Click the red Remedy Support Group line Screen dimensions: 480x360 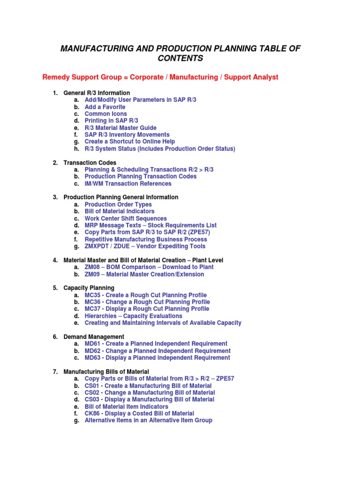[x=160, y=77]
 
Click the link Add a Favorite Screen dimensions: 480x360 [x=105, y=107]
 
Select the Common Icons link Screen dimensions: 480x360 [x=105, y=114]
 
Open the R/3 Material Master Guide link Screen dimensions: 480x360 [x=120, y=128]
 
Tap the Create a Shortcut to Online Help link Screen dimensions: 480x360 [x=130, y=142]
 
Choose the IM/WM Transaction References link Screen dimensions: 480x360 [x=128, y=184]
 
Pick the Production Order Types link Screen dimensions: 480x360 [x=118, y=204]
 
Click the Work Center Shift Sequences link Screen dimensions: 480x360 [x=126, y=218]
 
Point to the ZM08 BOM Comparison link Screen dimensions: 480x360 [x=149, y=267]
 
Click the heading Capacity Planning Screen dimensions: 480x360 [x=89, y=288]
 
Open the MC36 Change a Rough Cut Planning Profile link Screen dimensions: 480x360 [x=147, y=302]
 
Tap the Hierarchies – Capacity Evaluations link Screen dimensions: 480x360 [x=134, y=316]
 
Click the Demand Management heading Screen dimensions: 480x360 [x=94, y=337]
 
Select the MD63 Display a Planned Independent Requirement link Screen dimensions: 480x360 [x=157, y=358]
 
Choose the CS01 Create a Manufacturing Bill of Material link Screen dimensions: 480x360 [x=148, y=386]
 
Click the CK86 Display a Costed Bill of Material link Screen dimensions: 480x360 [x=139, y=413]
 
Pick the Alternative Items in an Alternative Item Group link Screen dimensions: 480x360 [x=148, y=420]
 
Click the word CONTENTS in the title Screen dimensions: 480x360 [x=180, y=59]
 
